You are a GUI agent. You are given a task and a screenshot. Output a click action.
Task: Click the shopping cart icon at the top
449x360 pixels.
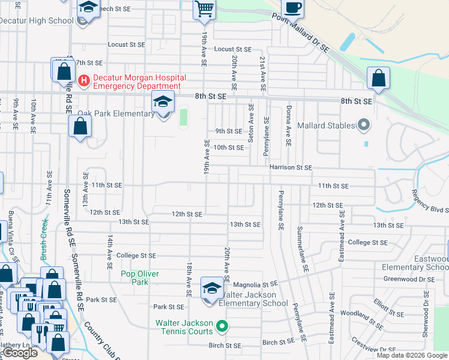204,9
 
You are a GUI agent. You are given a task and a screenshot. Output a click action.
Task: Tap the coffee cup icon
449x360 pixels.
292,8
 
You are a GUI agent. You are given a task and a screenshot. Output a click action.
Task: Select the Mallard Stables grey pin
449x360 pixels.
363,125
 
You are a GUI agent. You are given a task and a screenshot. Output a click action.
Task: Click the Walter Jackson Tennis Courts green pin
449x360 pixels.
222,327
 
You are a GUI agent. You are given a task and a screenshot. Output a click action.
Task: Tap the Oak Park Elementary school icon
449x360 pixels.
163,103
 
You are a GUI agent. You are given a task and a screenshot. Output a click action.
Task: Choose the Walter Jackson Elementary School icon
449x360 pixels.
211,289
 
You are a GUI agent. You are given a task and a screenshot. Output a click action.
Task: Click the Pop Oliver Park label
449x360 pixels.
140,278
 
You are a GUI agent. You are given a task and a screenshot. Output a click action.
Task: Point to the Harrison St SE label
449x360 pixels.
291,168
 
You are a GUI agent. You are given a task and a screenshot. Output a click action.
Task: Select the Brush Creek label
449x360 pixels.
43,239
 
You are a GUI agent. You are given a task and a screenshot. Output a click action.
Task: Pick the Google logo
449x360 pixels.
19,353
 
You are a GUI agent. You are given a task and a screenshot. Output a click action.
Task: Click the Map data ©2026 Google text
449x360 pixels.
411,355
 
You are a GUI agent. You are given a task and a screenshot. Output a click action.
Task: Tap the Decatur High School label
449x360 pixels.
36,20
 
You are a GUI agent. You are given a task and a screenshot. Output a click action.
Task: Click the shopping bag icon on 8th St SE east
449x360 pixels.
378,79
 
